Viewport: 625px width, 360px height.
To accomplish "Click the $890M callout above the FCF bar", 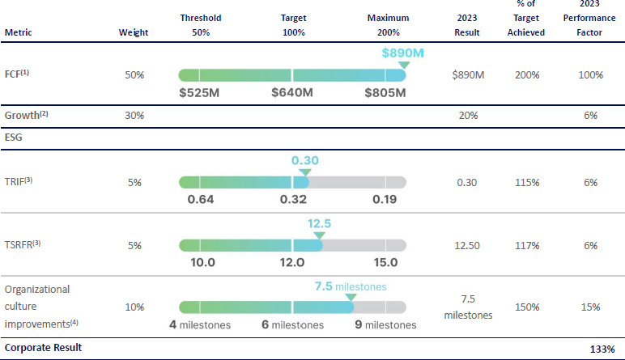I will (x=403, y=53).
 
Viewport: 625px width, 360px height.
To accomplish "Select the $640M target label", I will (x=292, y=92).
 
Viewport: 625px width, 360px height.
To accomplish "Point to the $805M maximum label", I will (x=385, y=92).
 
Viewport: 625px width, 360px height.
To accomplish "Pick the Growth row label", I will (x=27, y=115).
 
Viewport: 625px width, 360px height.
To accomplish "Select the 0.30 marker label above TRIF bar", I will (x=304, y=160).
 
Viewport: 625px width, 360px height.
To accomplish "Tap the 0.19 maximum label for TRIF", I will (x=385, y=199).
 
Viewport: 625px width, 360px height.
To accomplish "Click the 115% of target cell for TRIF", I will (x=527, y=183).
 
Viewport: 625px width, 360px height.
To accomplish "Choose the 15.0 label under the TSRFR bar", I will (x=385, y=262).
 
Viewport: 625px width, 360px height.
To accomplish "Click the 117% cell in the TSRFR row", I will (x=527, y=245).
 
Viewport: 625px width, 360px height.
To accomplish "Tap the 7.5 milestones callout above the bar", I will (x=350, y=286).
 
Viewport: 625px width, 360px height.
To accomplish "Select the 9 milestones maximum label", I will (x=385, y=325).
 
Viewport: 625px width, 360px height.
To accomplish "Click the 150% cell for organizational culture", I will (x=527, y=307).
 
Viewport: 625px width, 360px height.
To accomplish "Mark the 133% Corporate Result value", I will (x=601, y=349).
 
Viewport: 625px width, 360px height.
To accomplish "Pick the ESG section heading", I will (x=14, y=138).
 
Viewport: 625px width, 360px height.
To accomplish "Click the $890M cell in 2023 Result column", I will (x=468, y=75).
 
